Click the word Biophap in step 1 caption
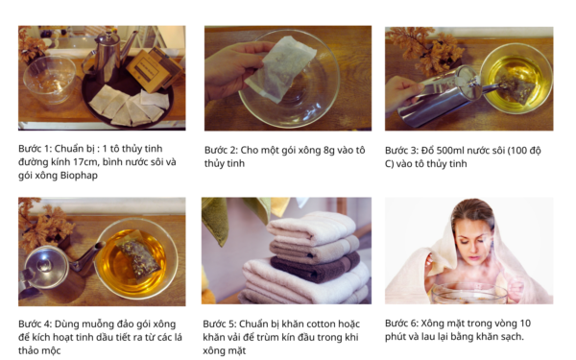79,176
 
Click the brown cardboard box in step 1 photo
155,69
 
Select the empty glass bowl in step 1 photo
50,80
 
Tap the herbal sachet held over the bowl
280,69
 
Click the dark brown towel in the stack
315,267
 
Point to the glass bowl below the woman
469,293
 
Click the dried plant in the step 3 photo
423,50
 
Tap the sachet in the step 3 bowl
516,89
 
